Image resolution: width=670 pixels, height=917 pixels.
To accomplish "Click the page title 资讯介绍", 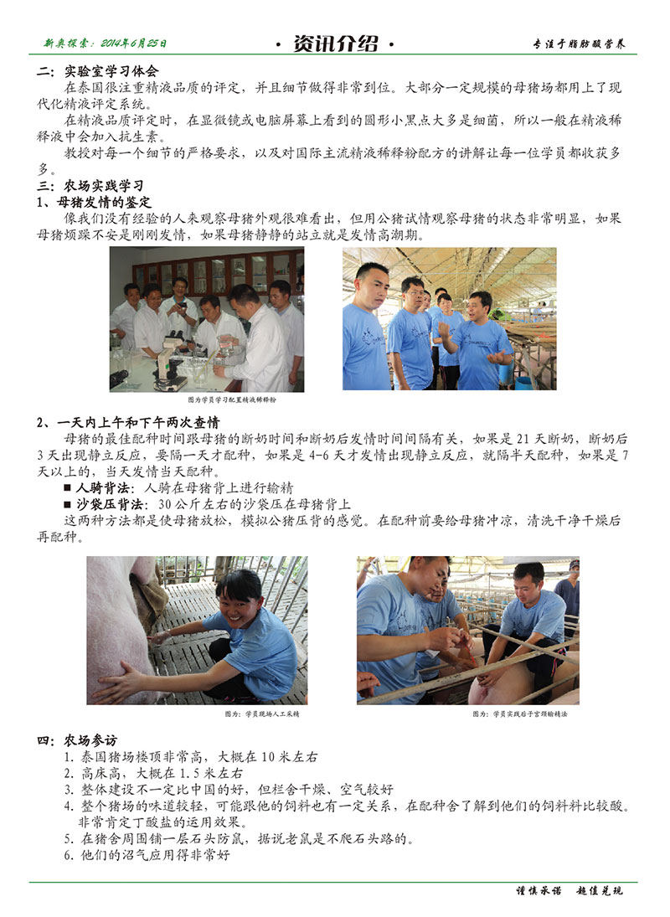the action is pyautogui.click(x=335, y=44).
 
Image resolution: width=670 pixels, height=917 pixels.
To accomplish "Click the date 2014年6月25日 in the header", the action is pyautogui.click(x=134, y=44).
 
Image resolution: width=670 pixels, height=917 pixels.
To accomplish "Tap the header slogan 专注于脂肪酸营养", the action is pyautogui.click(x=578, y=44).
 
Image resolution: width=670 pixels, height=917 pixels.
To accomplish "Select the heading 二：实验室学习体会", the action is pyautogui.click(x=97, y=71).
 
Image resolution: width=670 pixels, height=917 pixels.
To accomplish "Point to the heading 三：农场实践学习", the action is pyautogui.click(x=90, y=186).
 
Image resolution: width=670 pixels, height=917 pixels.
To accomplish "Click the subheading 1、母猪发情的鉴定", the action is pyautogui.click(x=94, y=203).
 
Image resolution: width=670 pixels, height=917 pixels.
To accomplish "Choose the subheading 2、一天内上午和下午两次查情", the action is pyautogui.click(x=128, y=422).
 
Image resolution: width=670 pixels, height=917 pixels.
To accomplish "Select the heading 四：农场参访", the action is pyautogui.click(x=77, y=740).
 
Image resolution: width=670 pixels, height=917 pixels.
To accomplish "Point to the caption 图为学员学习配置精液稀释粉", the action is pyautogui.click(x=231, y=400).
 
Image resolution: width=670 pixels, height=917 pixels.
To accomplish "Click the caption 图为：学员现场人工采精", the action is pyautogui.click(x=262, y=714).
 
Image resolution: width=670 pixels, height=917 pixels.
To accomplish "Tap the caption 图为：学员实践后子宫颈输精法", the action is pyautogui.click(x=520, y=714).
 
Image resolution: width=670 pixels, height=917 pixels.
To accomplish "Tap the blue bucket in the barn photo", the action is pyautogui.click(x=524, y=384).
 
